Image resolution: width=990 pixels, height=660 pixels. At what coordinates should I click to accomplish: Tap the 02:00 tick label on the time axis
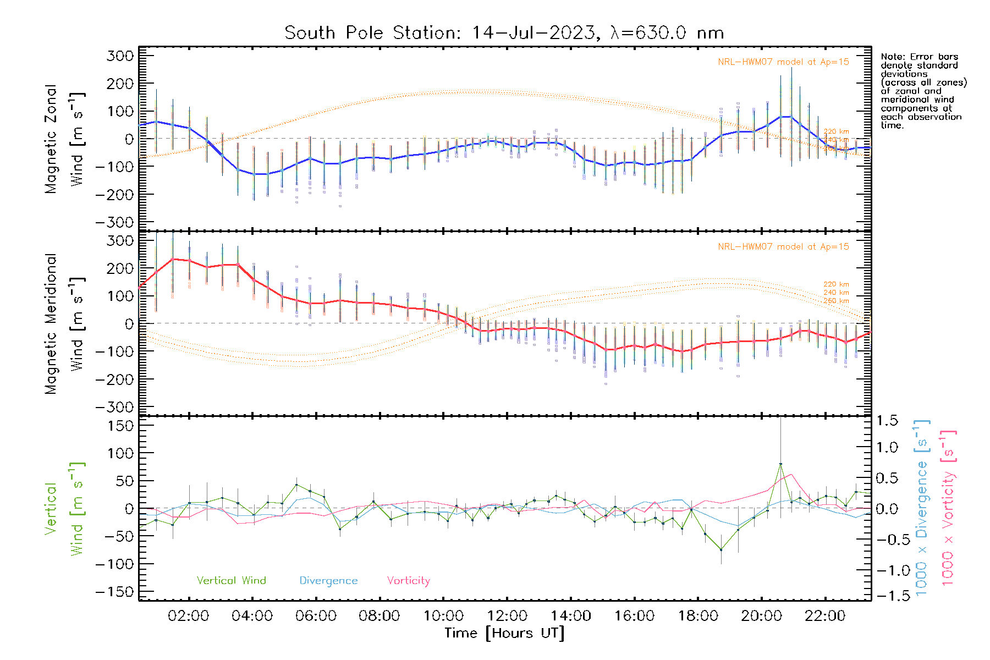(x=188, y=615)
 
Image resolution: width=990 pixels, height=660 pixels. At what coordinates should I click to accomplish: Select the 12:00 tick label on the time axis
(x=507, y=615)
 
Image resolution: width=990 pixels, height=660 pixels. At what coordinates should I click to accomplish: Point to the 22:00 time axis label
(x=824, y=615)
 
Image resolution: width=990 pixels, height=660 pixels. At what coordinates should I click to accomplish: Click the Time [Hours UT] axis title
(x=504, y=633)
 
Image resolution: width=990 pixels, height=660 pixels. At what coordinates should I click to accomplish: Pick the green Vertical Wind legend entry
(x=231, y=580)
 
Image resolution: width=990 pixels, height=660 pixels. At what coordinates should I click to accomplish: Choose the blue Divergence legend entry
(x=328, y=580)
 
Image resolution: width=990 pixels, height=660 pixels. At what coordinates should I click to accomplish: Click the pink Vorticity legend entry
(x=408, y=580)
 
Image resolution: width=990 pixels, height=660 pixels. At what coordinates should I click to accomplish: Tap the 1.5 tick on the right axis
(x=887, y=421)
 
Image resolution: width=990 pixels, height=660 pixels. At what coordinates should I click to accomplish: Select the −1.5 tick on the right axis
(x=887, y=596)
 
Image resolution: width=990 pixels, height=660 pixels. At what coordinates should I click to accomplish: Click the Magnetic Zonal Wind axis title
(x=64, y=139)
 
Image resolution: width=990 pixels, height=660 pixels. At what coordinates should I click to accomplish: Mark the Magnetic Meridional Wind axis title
(x=64, y=324)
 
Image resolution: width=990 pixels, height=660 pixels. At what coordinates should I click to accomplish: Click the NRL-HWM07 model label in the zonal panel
(x=783, y=62)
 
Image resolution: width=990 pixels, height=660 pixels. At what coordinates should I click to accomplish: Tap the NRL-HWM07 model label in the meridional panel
(x=783, y=247)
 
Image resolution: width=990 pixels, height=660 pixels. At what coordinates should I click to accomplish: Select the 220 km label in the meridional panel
(x=836, y=284)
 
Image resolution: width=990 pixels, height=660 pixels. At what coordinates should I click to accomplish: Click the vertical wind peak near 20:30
(x=780, y=465)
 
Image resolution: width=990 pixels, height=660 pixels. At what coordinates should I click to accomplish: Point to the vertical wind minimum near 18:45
(x=721, y=549)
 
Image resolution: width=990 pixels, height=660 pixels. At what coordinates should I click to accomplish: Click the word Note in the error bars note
(x=892, y=57)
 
